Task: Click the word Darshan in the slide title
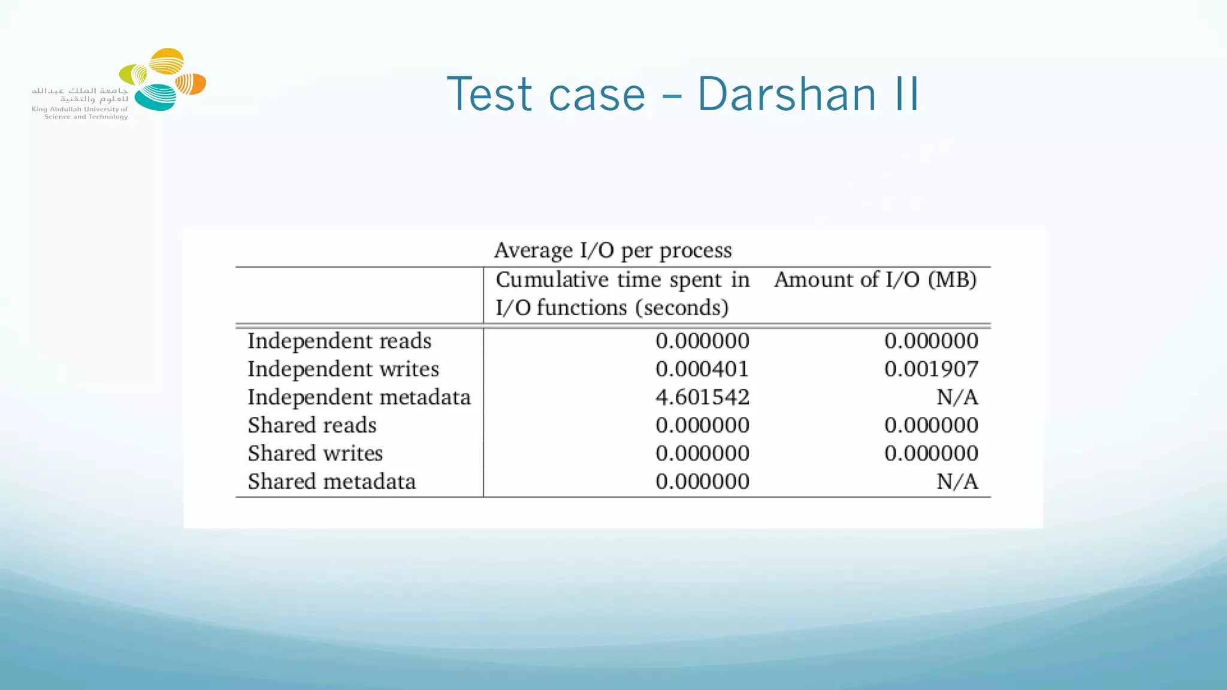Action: [787, 94]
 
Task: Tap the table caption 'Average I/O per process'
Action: [612, 250]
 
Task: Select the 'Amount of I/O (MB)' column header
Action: [875, 280]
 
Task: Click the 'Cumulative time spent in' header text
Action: [622, 280]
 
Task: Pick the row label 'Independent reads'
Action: [339, 341]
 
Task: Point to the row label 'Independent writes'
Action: [343, 369]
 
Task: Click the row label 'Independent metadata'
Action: [359, 397]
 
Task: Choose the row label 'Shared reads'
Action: [312, 425]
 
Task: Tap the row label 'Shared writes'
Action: [315, 453]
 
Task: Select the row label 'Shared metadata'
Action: [331, 482]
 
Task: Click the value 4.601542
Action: [702, 397]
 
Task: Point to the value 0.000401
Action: [702, 369]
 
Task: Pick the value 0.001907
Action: [931, 369]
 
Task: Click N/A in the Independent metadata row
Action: [957, 397]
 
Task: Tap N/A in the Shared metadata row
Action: [957, 482]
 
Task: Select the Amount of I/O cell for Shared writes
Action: [931, 453]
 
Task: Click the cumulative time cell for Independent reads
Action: [702, 341]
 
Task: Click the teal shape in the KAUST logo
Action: [155, 98]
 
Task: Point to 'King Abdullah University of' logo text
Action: [80, 109]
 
